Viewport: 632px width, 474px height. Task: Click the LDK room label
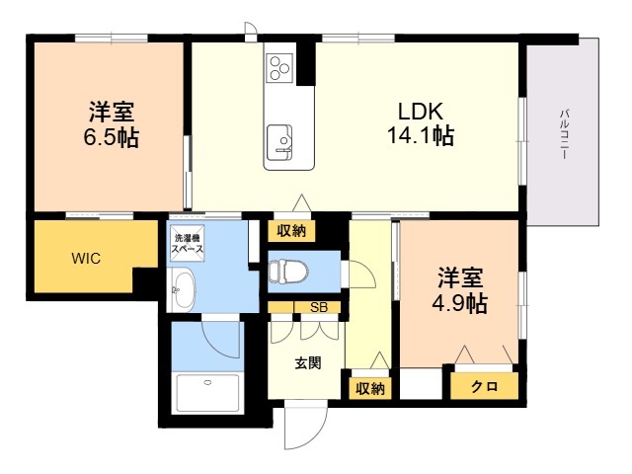(x=421, y=111)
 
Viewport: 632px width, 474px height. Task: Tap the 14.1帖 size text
(x=421, y=135)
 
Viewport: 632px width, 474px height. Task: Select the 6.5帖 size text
(x=112, y=137)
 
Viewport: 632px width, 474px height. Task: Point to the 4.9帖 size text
(x=460, y=303)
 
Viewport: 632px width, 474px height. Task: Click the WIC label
(x=86, y=258)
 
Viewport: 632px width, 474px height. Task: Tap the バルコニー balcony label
(x=564, y=134)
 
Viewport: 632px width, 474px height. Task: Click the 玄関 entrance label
(x=308, y=363)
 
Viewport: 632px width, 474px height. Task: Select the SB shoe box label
(x=319, y=307)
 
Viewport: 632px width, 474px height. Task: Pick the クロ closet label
(x=484, y=386)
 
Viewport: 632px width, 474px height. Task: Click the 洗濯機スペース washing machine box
(x=187, y=243)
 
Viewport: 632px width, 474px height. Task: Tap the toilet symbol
(x=288, y=271)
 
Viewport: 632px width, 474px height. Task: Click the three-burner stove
(x=279, y=68)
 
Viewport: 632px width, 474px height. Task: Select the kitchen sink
(x=279, y=141)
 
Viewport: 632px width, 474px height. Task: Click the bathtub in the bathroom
(x=207, y=393)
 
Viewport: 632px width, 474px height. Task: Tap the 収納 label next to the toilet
(x=291, y=231)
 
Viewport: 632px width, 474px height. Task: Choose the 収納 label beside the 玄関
(x=370, y=388)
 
